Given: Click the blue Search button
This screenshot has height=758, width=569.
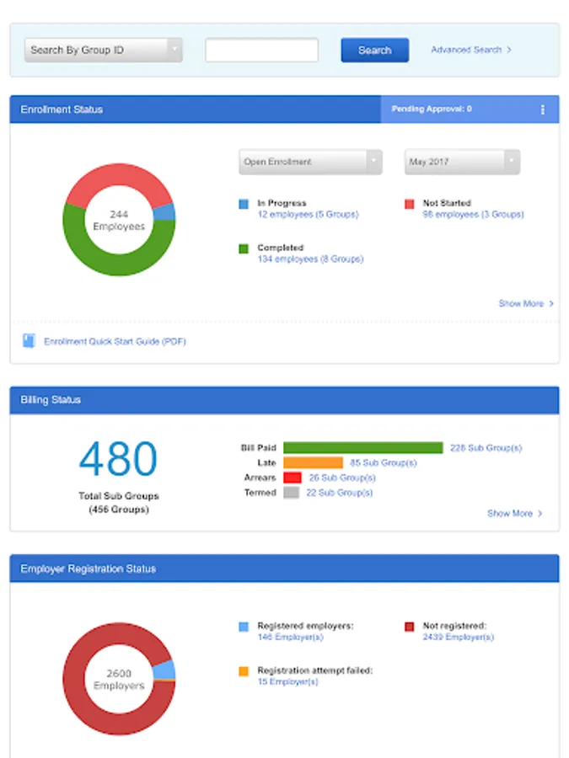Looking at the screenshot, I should point(374,51).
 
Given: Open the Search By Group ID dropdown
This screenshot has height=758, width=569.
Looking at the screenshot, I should point(104,51).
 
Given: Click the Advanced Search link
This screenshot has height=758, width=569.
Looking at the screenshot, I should point(470,51).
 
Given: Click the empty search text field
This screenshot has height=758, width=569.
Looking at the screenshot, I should point(261,51).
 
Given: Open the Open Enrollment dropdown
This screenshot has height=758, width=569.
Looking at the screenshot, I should point(310,162).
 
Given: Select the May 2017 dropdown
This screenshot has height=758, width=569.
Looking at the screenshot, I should point(462,162).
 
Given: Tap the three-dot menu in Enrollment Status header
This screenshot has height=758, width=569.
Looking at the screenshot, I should point(542,109).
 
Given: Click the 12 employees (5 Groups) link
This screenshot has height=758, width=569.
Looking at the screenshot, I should point(308,215).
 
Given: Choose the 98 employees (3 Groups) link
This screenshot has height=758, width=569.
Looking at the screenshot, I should point(473,215).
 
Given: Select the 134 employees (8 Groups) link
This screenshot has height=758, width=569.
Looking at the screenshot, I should point(310,259).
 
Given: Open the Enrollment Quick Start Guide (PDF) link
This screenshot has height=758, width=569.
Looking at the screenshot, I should point(115,342).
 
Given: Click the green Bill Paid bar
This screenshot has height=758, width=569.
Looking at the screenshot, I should point(362,448).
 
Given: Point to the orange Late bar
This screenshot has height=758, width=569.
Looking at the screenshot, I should point(313,462).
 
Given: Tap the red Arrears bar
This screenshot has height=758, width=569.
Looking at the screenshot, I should point(293,478).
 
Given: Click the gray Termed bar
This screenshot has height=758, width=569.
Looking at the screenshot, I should point(292,493).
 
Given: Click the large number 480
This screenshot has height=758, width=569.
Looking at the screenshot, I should point(118,460).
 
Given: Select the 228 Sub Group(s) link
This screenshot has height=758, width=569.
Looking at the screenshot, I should point(486,448).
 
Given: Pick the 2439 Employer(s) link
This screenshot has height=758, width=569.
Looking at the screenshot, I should point(458,638).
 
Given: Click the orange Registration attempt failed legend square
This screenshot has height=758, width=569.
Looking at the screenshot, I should point(244,671).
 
